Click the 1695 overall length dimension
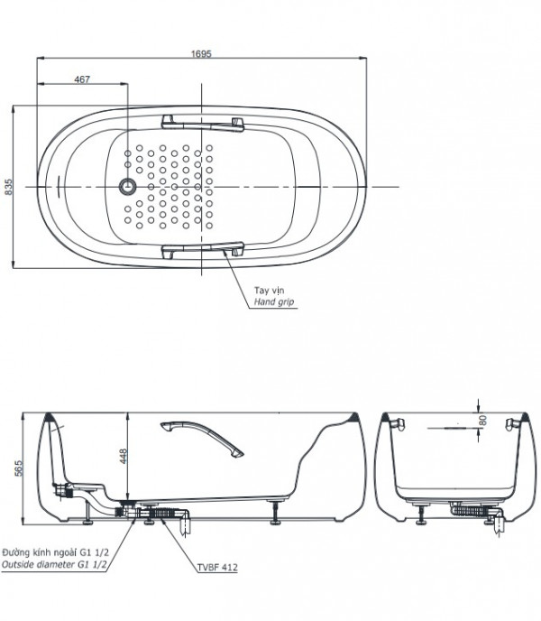tap(201, 53)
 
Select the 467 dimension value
tap(82, 79)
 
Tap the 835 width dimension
tap(8, 187)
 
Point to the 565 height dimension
tap(19, 468)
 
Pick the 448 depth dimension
tap(124, 456)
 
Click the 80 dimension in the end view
tap(482, 421)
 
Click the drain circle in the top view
tap(127, 186)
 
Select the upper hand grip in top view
tap(203, 123)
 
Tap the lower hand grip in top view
tap(203, 250)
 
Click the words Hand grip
tap(274, 301)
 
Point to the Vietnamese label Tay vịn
tap(269, 291)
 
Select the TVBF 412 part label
tap(217, 567)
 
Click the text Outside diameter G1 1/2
tap(54, 564)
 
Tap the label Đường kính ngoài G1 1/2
tap(55, 552)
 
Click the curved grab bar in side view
tap(202, 440)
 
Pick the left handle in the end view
tap(399, 424)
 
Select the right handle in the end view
tap(513, 424)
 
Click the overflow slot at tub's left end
tap(59, 186)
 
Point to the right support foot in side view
tap(275, 513)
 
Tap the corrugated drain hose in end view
tap(472, 511)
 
